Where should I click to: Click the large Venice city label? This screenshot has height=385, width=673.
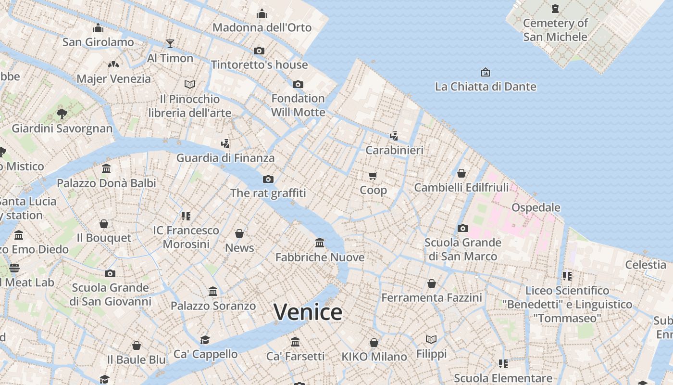click(x=308, y=312)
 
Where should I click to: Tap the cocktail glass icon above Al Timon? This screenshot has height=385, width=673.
click(x=170, y=44)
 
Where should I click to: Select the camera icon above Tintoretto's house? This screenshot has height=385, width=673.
click(x=259, y=51)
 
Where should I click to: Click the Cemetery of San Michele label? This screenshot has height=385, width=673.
click(x=555, y=30)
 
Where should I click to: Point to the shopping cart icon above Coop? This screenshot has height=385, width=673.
click(x=373, y=176)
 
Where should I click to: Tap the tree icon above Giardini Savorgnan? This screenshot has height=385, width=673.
click(x=62, y=114)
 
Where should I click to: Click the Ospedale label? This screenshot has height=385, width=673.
click(x=536, y=207)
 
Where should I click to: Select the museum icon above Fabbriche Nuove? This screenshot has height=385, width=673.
click(x=320, y=243)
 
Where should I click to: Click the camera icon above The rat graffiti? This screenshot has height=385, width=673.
click(x=268, y=179)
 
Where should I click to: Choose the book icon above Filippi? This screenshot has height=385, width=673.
click(x=431, y=340)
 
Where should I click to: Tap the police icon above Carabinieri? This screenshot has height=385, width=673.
click(x=394, y=136)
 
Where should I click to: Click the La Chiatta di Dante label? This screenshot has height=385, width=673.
click(x=486, y=87)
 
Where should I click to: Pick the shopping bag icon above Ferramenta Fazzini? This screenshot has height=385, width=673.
click(x=432, y=283)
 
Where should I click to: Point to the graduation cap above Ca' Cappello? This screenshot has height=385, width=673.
click(x=205, y=340)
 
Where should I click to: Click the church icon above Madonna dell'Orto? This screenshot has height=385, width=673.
click(x=262, y=13)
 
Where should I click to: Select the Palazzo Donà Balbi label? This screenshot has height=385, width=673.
click(x=106, y=183)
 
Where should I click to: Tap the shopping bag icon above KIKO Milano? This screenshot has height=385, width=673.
click(x=374, y=343)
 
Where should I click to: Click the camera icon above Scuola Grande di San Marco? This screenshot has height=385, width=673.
click(x=463, y=228)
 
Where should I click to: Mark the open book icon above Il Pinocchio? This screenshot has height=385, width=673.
click(x=190, y=85)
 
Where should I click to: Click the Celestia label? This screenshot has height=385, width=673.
click(x=646, y=265)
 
